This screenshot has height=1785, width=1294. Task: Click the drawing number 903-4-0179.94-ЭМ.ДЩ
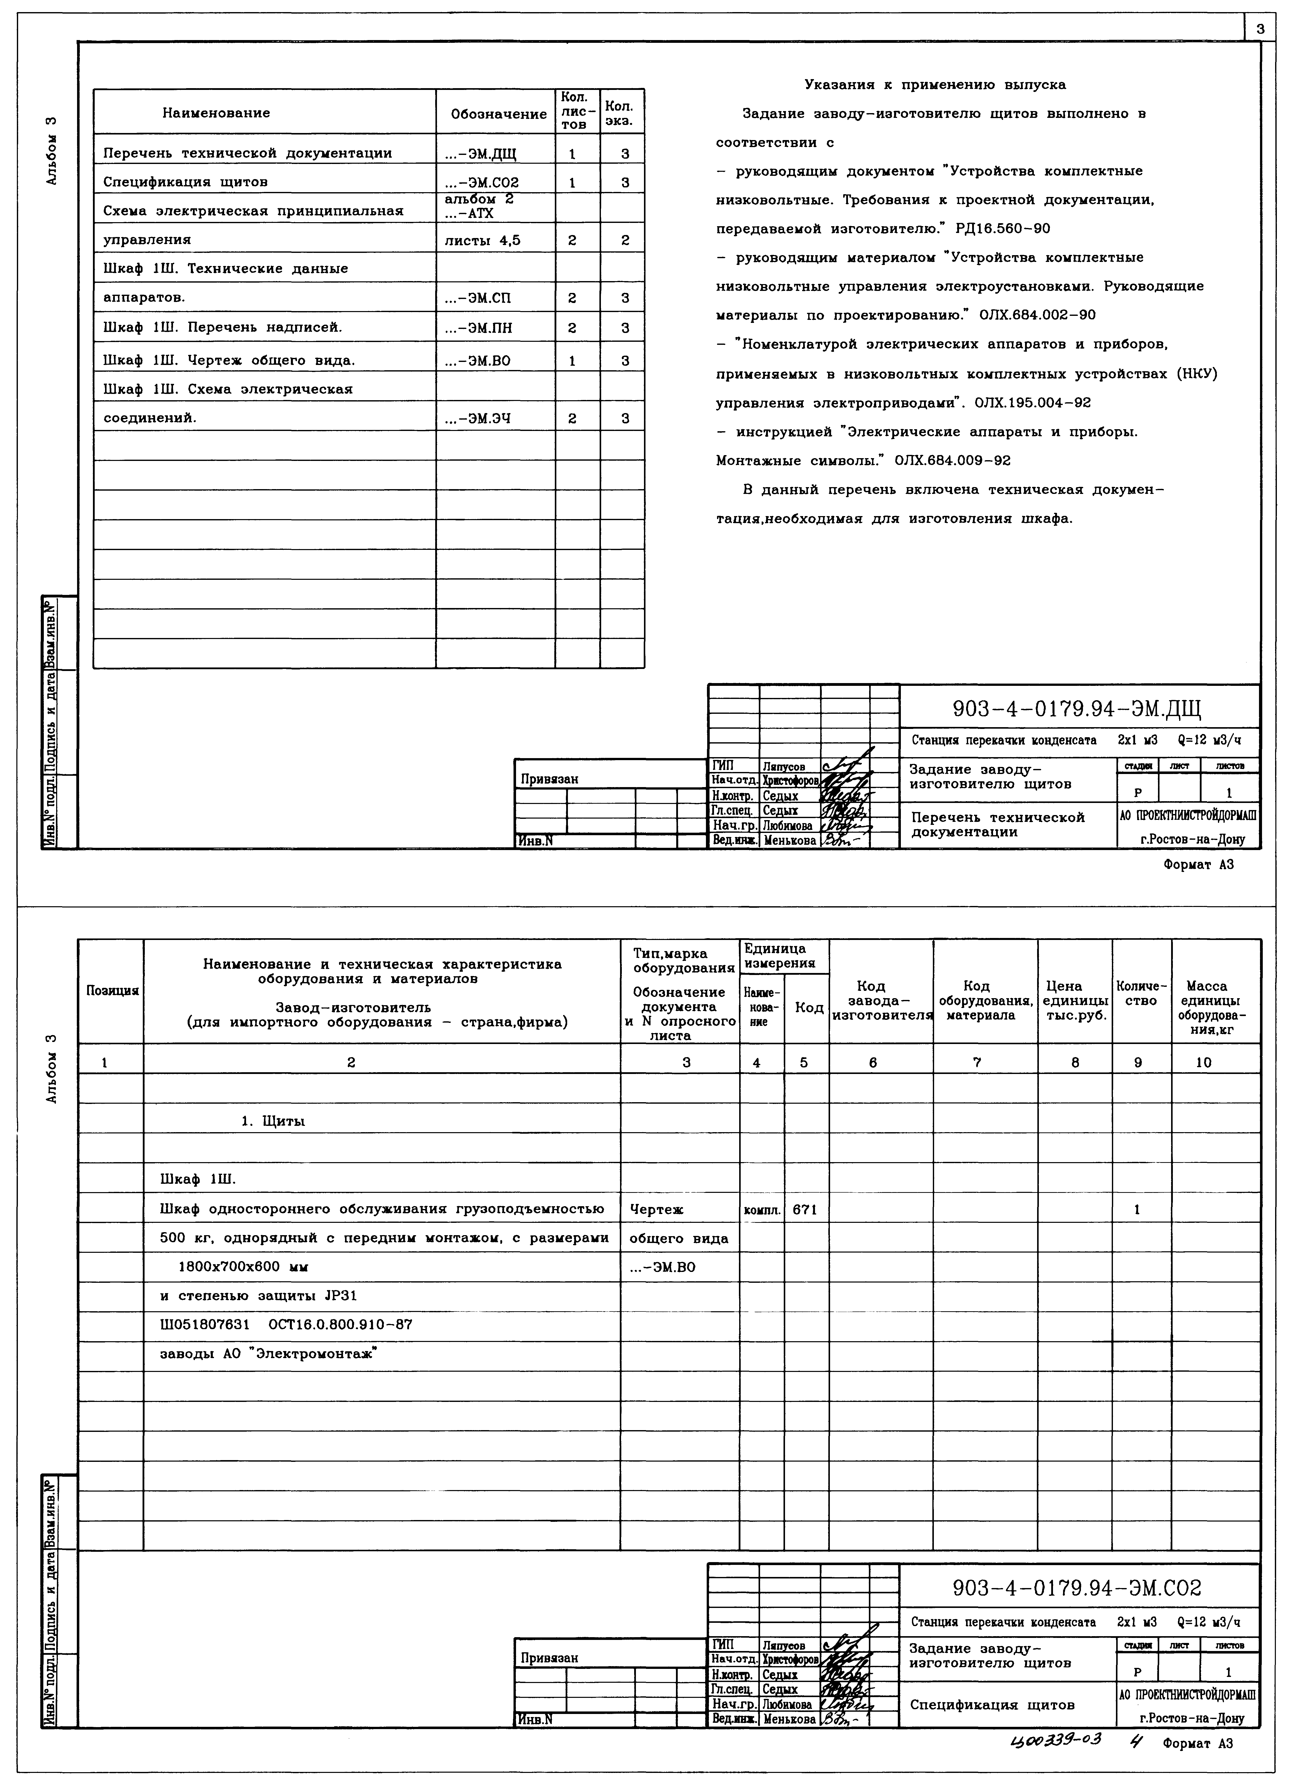(1077, 710)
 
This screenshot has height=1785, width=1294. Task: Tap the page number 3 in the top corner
(1260, 29)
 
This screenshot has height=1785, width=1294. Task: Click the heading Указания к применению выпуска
(935, 84)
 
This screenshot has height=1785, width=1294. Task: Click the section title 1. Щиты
(273, 1121)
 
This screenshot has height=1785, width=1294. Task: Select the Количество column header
(1141, 993)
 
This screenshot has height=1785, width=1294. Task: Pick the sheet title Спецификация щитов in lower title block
(992, 1705)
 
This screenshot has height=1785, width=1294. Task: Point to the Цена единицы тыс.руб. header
(1074, 999)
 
